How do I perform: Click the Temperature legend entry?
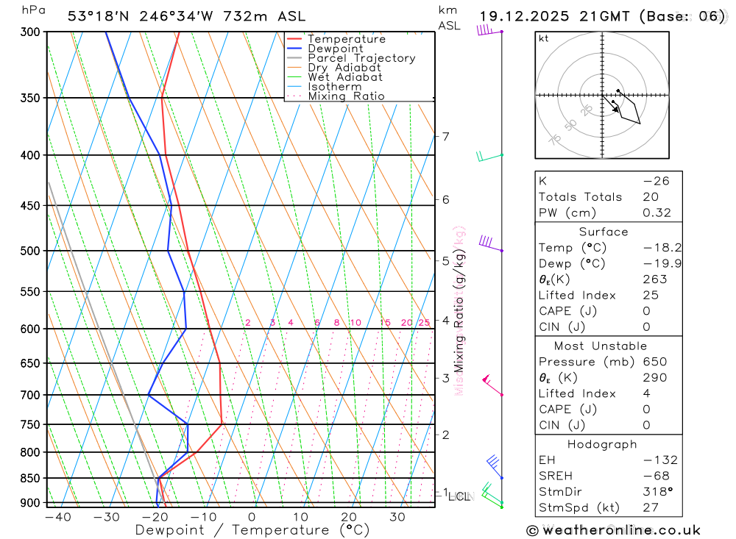coord(346,39)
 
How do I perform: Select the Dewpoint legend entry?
coord(335,49)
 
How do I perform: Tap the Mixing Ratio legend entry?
coord(346,96)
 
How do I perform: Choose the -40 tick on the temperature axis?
coord(57,517)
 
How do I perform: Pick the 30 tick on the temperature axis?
coord(397,517)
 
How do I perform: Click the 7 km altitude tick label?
coord(445,136)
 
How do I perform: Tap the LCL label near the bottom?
coord(459,497)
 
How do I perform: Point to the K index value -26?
coord(655,181)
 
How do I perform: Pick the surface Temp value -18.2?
coord(652,248)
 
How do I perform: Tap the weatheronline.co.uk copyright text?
coord(613,529)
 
